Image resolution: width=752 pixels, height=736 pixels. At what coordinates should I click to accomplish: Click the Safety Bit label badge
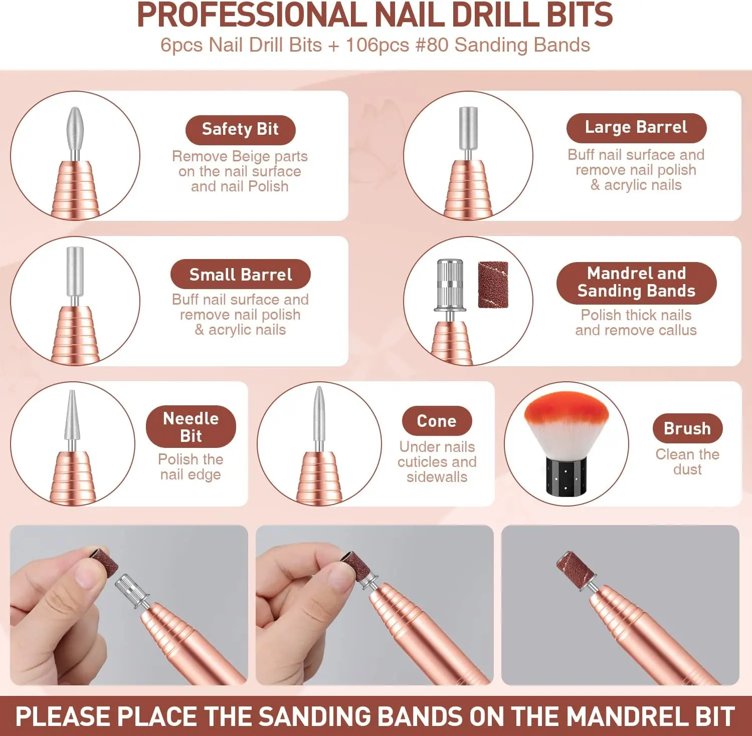(240, 130)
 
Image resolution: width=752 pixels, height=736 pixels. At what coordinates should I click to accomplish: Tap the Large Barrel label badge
(636, 128)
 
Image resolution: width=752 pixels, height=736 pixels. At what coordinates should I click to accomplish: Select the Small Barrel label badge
(241, 274)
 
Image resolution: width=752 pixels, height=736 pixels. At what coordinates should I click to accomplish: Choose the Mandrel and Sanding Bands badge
(636, 283)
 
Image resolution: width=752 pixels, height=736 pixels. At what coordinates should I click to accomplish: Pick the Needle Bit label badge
(191, 427)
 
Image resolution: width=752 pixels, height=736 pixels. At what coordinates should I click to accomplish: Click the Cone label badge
(437, 421)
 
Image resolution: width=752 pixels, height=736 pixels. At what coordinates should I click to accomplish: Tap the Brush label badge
(687, 428)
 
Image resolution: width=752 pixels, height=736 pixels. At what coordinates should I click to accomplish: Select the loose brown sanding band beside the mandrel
(493, 284)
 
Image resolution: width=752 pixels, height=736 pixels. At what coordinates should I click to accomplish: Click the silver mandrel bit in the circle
(450, 286)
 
